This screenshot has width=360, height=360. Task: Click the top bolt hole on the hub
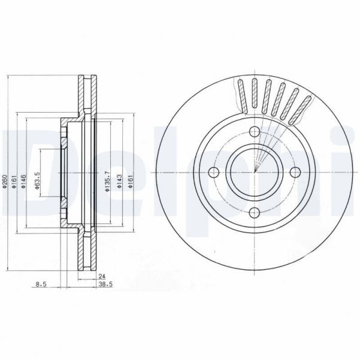pos(254,133)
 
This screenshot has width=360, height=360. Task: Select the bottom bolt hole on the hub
pos(254,212)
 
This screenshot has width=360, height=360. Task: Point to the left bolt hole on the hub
pos(214,173)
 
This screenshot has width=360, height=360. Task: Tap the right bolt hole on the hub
pos(294,173)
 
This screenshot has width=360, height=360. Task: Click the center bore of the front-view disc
pos(254,173)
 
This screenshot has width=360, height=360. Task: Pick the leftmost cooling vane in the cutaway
pos(241,95)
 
